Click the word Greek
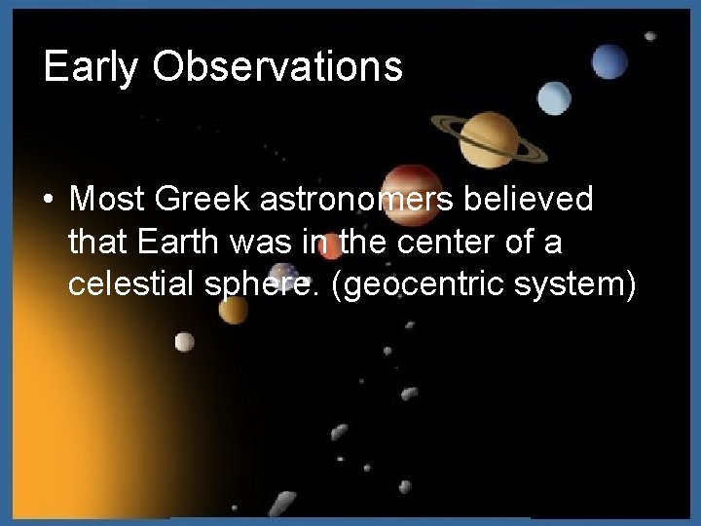200,200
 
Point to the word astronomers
377,201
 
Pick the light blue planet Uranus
555,95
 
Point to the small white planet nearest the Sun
184,341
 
